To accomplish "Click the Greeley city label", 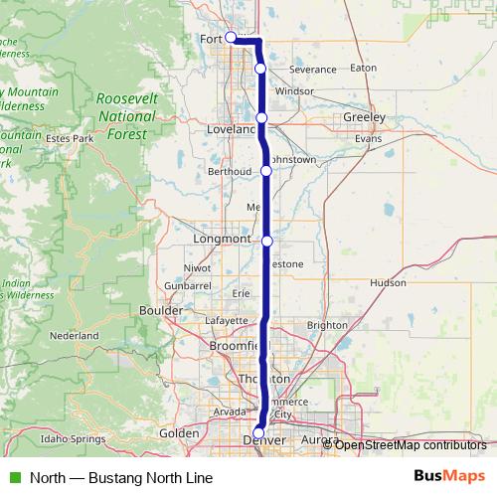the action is point(363,116).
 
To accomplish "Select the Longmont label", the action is point(223,240).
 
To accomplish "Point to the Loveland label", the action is point(230,130).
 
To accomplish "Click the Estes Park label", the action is point(69,138).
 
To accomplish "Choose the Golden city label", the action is point(180,432).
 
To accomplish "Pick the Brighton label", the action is point(328,325).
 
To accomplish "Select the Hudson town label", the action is point(388,282).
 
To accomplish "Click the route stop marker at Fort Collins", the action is point(231,38).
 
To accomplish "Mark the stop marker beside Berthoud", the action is point(266,171).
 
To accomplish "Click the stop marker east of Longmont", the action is point(266,241).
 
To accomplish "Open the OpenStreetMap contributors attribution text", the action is point(411,444).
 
